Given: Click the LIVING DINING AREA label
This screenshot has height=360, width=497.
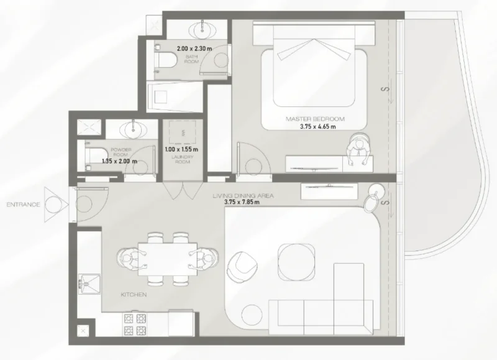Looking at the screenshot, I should pyautogui.click(x=243, y=196).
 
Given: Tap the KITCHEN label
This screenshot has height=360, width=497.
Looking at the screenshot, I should pyautogui.click(x=134, y=295).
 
